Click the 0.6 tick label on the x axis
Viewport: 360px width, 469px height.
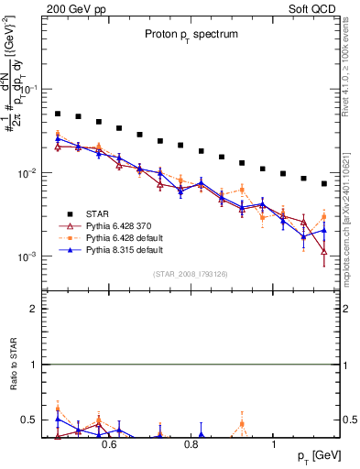[108, 444]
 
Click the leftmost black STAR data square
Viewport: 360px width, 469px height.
[58, 115]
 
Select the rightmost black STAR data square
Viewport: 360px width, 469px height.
[324, 184]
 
